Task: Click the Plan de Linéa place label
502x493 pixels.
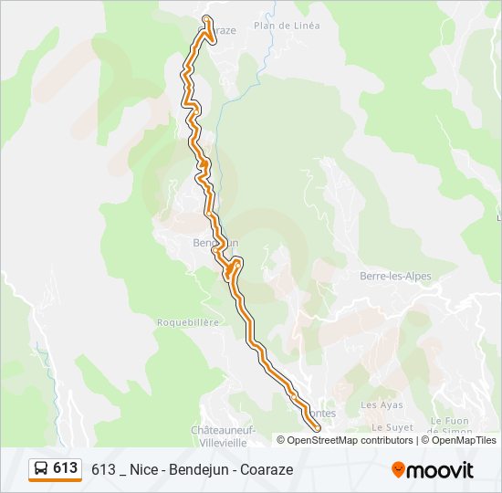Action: pyautogui.click(x=287, y=26)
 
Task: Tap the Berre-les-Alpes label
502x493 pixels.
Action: pyautogui.click(x=395, y=277)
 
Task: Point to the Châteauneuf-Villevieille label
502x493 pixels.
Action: pyautogui.click(x=224, y=434)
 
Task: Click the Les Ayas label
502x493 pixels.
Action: pyautogui.click(x=382, y=404)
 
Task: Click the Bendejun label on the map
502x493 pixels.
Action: pyautogui.click(x=215, y=243)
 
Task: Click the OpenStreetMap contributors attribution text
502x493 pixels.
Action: pyautogui.click(x=350, y=440)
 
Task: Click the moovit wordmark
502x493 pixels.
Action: pyautogui.click(x=441, y=470)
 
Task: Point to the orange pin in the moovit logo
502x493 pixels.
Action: pyautogui.click(x=398, y=469)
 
